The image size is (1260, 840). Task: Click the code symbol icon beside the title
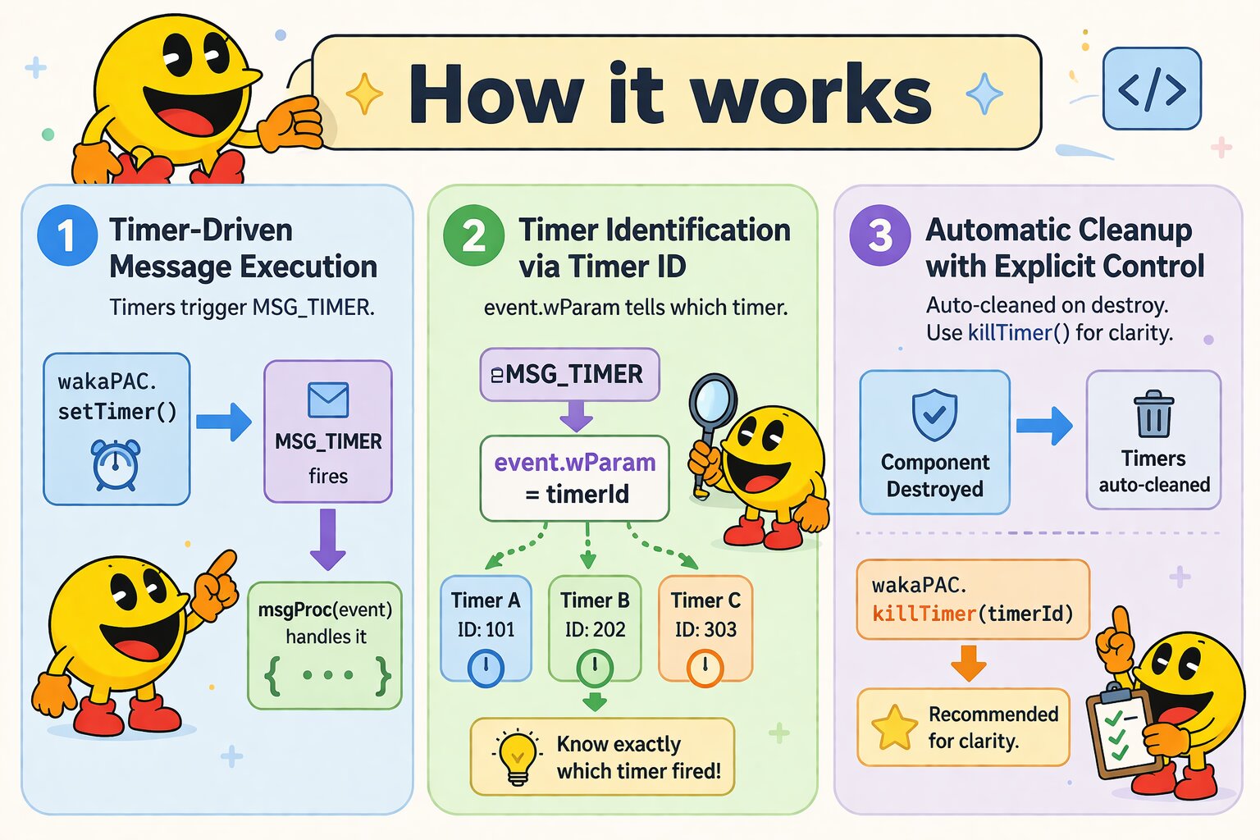(1152, 89)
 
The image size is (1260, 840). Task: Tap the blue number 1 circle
(67, 235)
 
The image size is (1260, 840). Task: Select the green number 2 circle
(473, 235)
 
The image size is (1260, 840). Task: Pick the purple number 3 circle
(879, 235)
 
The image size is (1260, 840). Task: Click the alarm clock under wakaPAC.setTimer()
(116, 464)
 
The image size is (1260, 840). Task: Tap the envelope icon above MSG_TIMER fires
(328, 399)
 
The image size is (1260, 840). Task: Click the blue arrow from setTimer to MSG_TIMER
(224, 422)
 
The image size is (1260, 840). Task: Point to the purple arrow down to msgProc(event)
(328, 540)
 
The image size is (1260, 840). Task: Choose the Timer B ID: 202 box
(595, 628)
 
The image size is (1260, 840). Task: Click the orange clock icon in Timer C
(705, 668)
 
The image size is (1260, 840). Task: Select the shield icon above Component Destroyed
(934, 414)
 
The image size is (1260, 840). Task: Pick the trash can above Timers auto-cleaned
(1153, 413)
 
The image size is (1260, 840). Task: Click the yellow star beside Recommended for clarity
(894, 728)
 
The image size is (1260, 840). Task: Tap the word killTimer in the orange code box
(924, 614)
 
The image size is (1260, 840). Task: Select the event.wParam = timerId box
(574, 478)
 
